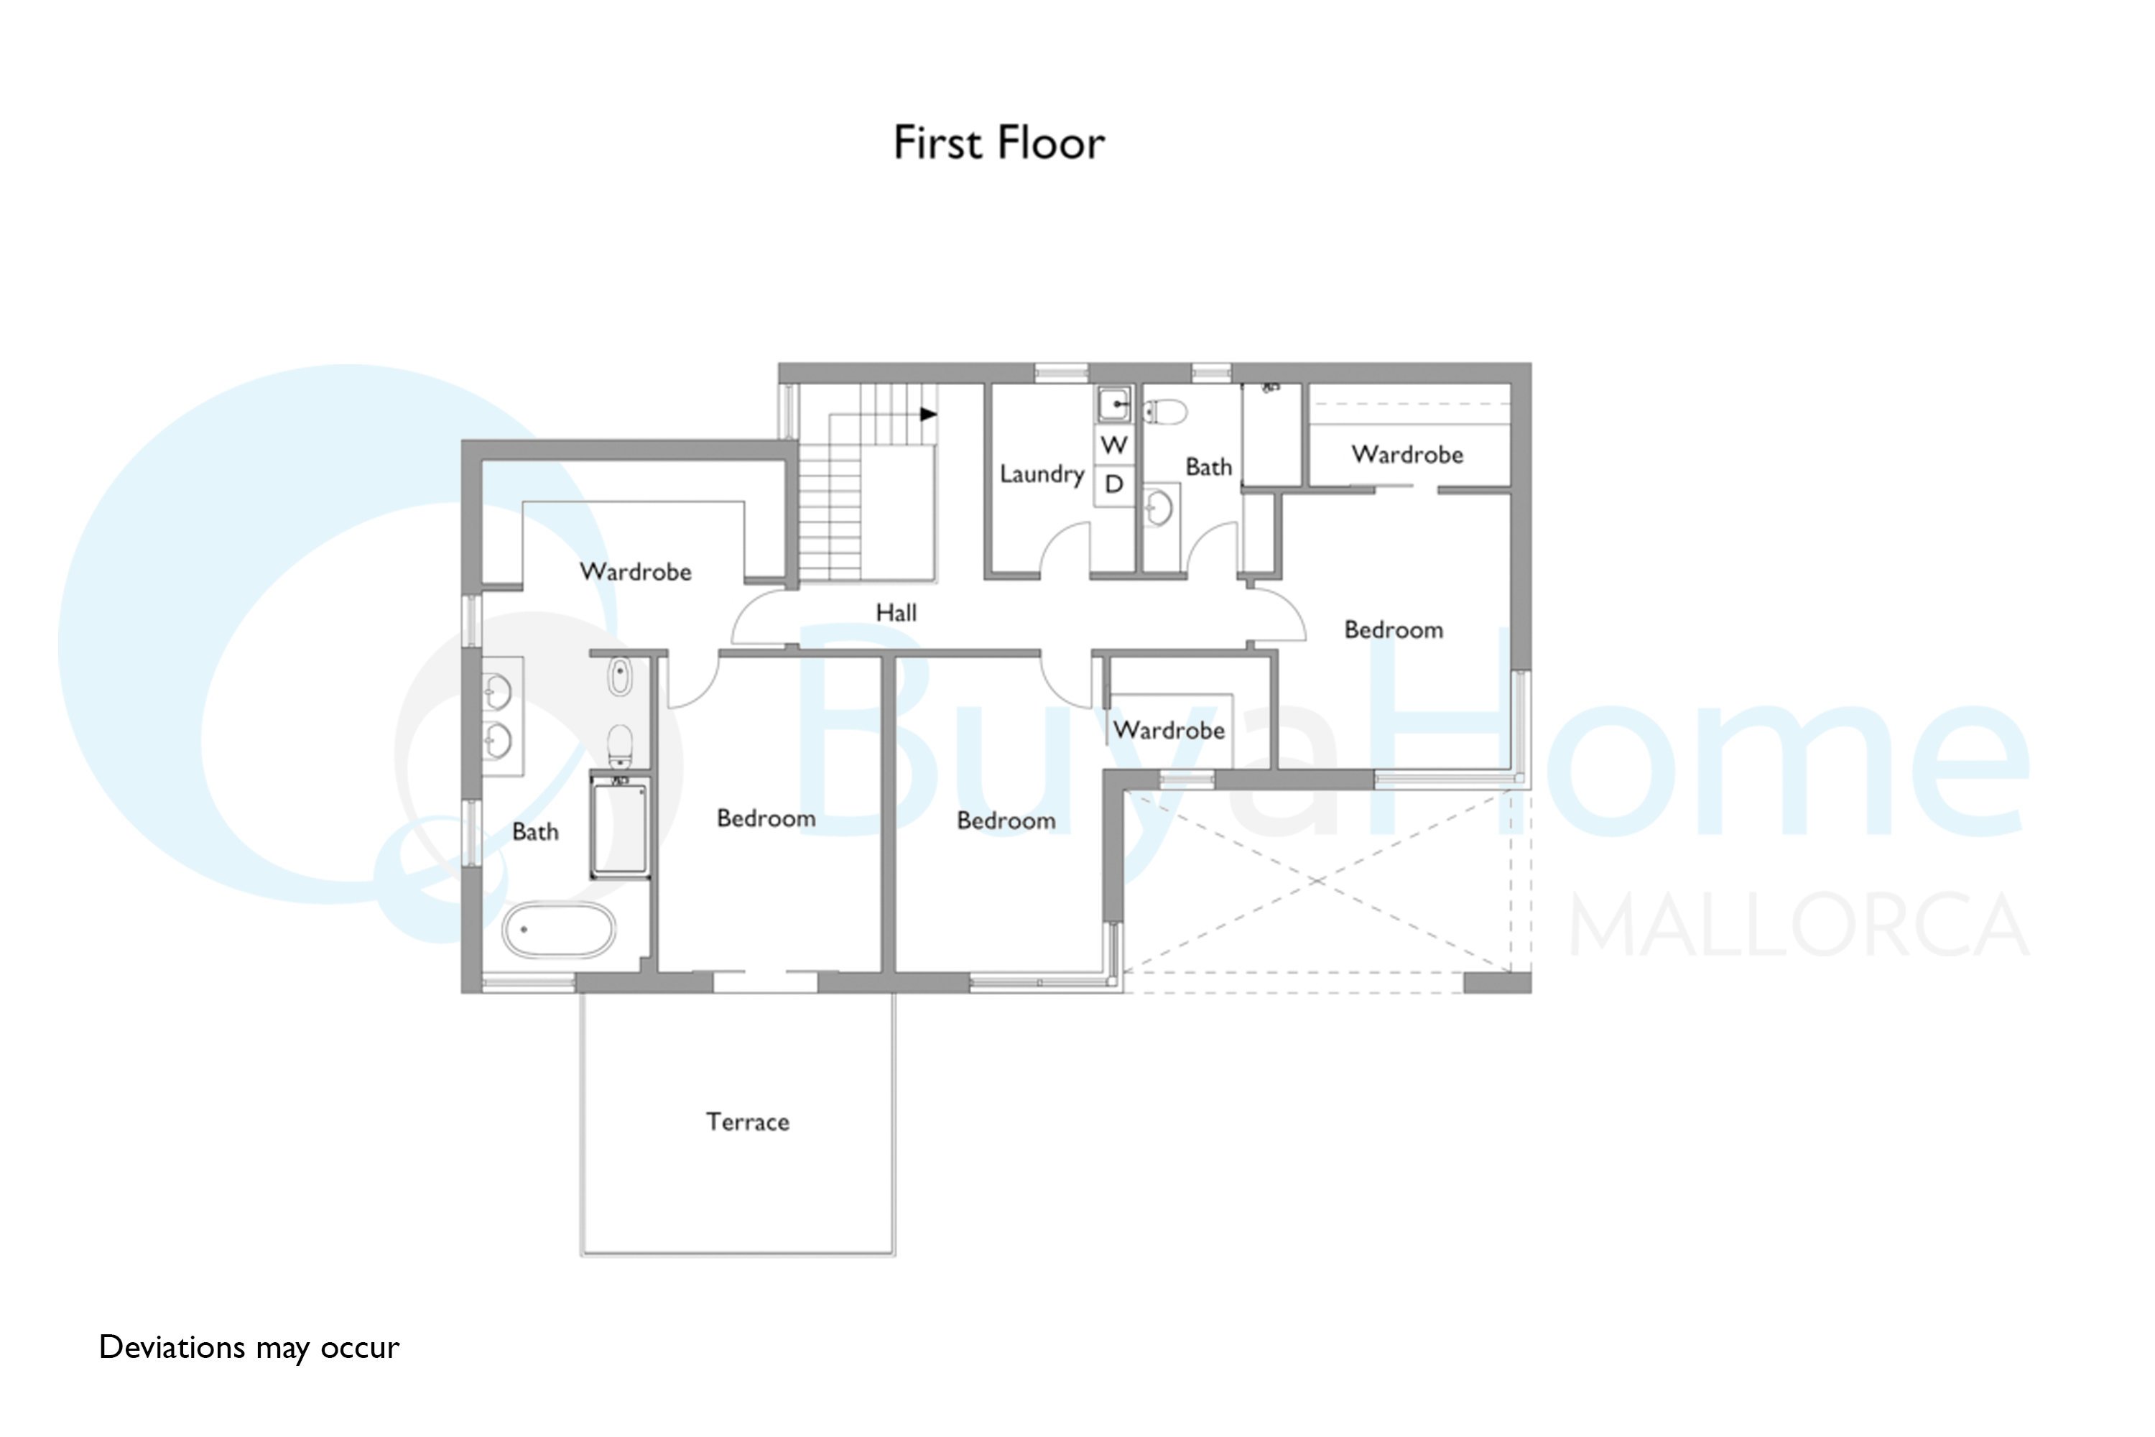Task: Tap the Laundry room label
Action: pos(1042,473)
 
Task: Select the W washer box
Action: pos(1114,445)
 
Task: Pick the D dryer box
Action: pos(1114,484)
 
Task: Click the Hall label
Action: pos(896,612)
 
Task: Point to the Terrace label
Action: pos(748,1122)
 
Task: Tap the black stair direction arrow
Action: pos(928,415)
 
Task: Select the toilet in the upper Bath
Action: pos(1164,412)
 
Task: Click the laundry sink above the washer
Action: pos(1114,403)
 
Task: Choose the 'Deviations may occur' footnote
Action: pos(249,1347)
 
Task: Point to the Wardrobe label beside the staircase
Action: pos(636,572)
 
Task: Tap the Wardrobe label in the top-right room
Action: pos(1407,455)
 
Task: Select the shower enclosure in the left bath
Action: pos(621,827)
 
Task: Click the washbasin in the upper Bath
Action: pos(1159,506)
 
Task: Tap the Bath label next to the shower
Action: pos(535,831)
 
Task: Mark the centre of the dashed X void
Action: pos(1317,881)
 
